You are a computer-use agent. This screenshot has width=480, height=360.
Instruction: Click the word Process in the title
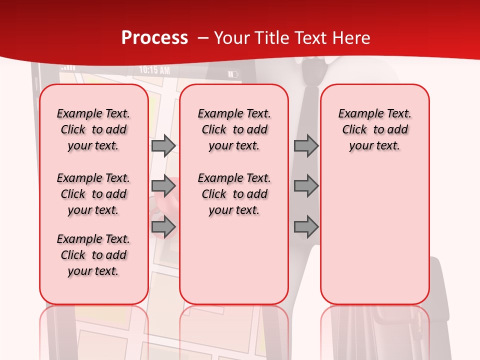coord(154,38)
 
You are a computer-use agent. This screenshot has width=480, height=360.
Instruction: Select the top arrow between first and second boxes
coord(163,146)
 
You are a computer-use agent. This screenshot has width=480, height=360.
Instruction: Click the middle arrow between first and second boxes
coord(163,186)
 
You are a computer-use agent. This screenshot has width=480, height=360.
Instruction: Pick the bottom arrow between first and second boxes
coord(163,227)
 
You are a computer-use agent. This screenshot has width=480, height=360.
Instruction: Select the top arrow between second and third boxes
coord(306,146)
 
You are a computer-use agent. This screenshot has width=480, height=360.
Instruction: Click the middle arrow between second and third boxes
coord(306,186)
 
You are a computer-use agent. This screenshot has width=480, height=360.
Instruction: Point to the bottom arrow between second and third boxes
coord(306,227)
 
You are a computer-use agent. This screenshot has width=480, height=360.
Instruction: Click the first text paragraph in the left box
coord(93,129)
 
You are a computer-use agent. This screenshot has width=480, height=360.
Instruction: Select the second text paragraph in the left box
coord(93,194)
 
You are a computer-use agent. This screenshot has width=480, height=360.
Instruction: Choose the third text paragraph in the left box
coord(93,255)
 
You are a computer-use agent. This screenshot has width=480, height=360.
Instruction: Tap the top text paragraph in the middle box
coord(234,129)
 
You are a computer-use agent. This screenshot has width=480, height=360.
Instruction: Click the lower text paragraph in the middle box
coord(234,194)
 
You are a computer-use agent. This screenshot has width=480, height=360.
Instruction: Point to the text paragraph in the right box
coord(374,129)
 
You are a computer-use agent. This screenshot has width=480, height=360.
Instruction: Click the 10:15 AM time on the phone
coord(154,70)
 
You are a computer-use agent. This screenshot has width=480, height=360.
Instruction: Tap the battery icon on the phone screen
coord(233,74)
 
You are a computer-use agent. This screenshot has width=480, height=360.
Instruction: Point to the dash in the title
coord(203,38)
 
